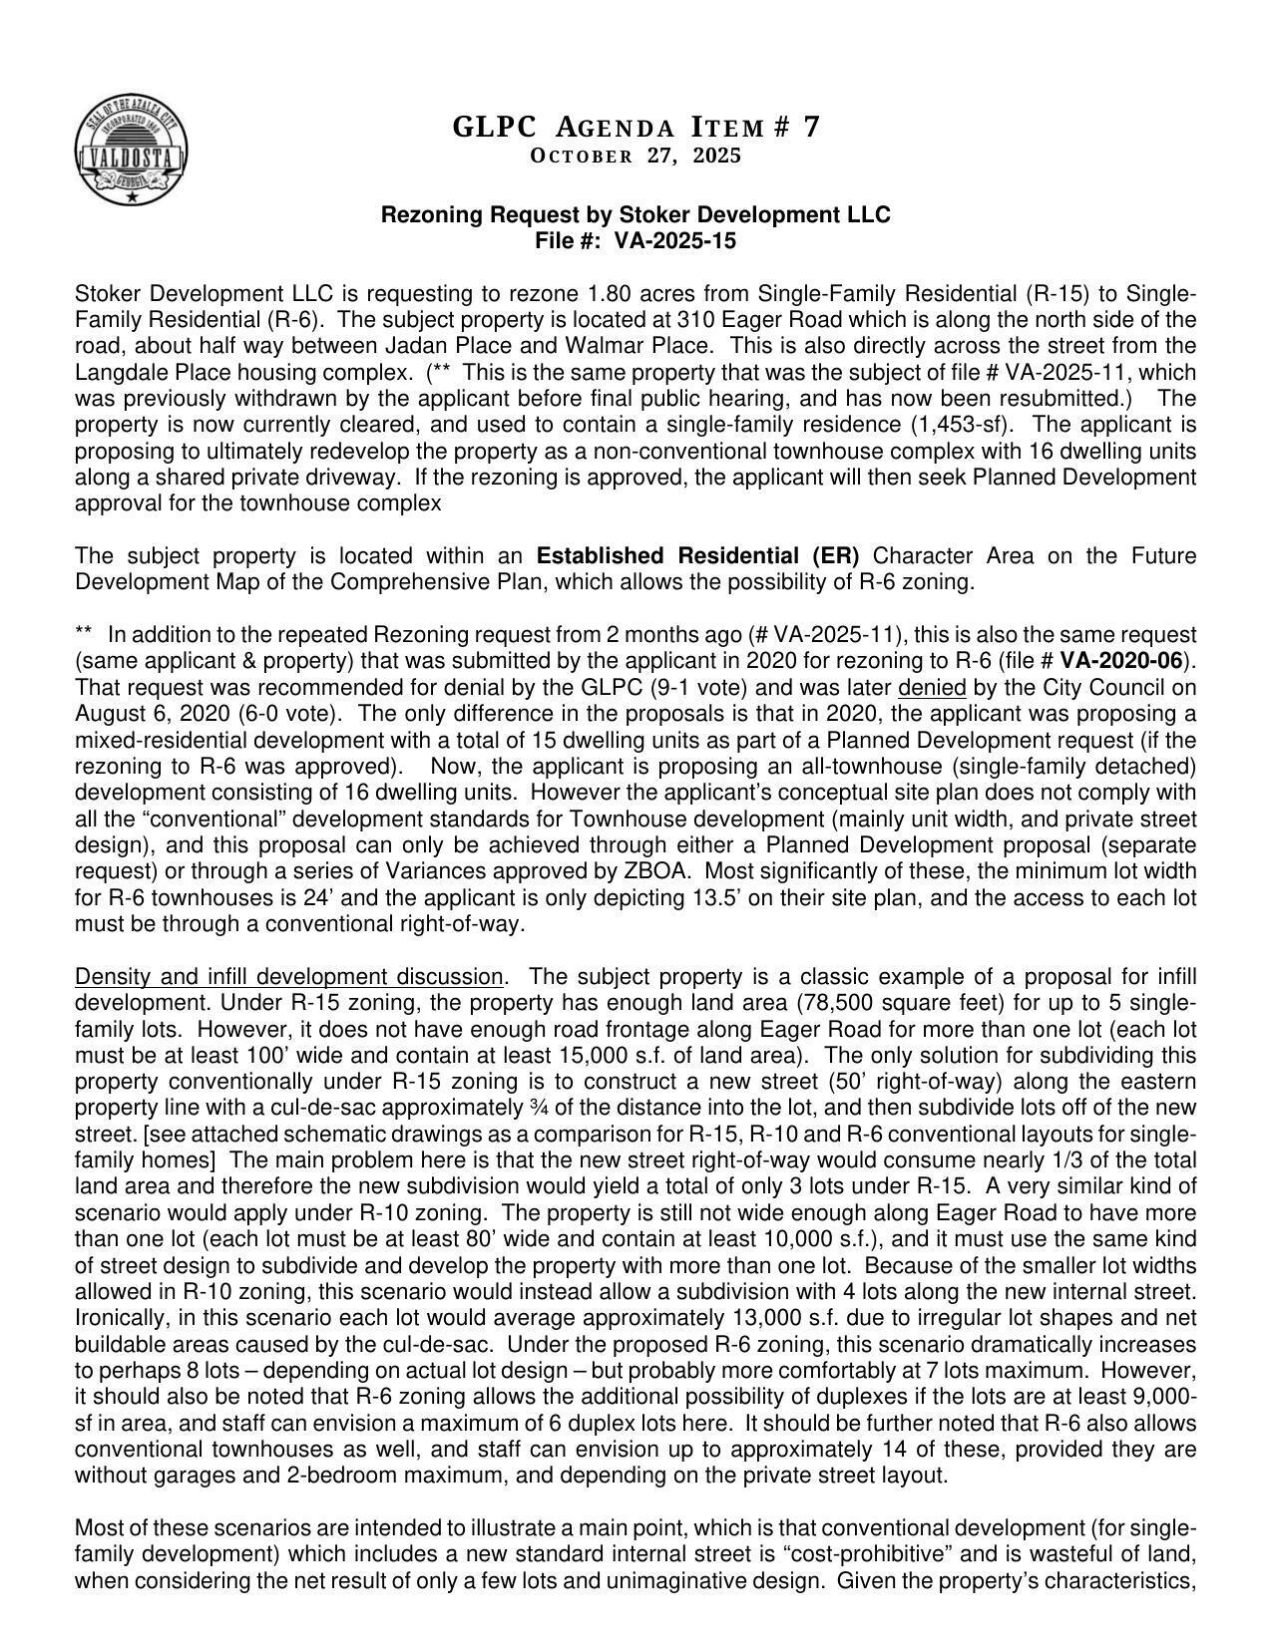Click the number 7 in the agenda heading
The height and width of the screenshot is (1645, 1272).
tap(812, 128)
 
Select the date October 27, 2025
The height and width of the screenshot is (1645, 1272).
tap(636, 157)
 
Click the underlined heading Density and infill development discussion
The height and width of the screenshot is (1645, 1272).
tap(289, 976)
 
